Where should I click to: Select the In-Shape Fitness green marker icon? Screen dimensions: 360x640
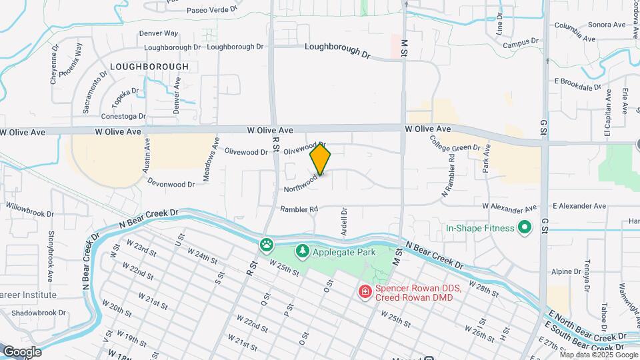525,228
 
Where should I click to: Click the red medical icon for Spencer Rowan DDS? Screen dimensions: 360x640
365,291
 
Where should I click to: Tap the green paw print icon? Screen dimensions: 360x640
267,245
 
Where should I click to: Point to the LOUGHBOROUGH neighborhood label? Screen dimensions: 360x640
149,67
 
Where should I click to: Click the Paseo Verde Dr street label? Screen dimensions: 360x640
212,10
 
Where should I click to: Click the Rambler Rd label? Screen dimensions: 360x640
299,209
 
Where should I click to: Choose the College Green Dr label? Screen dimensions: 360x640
455,147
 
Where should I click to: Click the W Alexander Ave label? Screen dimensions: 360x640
509,207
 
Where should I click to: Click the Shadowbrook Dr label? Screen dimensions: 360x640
39,312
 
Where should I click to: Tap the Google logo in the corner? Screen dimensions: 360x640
22,351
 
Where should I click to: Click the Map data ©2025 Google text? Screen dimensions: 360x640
599,355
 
